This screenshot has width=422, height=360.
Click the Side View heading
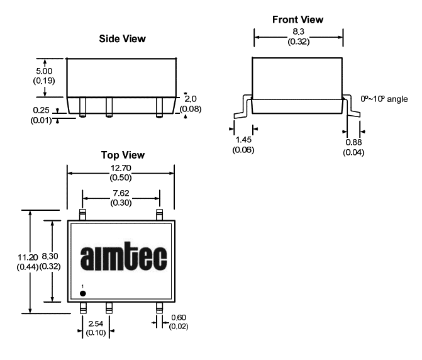click(122, 39)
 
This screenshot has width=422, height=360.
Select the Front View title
click(297, 20)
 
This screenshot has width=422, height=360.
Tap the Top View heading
click(123, 155)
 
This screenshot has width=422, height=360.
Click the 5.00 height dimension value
click(44, 71)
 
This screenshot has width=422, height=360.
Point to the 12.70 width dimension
click(121, 168)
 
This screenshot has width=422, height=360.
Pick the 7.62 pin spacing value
click(121, 193)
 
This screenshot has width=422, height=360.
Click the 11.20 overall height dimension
click(28, 257)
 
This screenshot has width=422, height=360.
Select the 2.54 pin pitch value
click(96, 323)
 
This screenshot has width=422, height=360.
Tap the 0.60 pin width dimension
click(179, 317)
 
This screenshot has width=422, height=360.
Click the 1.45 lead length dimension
click(243, 140)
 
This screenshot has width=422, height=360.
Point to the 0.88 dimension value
click(353, 142)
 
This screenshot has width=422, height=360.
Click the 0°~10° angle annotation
click(384, 99)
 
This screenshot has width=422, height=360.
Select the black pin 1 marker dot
click(83, 293)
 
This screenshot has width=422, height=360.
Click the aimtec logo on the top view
click(123, 257)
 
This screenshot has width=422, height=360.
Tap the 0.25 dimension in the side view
click(41, 110)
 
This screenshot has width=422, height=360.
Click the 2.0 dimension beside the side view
click(191, 99)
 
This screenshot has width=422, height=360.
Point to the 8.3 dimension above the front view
click(299, 31)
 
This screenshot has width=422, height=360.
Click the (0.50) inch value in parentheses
click(121, 177)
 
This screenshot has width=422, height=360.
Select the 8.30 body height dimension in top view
click(50, 256)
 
